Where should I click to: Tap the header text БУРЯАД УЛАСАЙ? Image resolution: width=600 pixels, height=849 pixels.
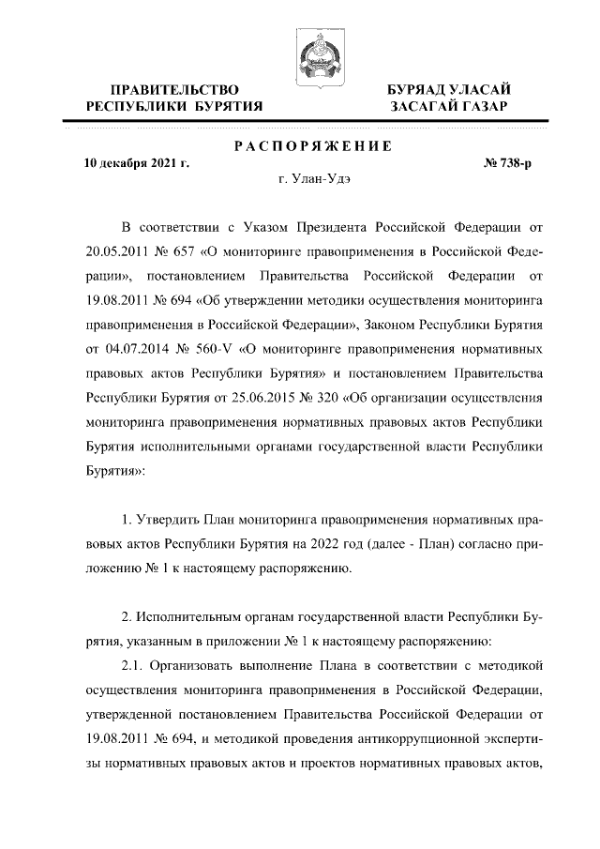450,88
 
